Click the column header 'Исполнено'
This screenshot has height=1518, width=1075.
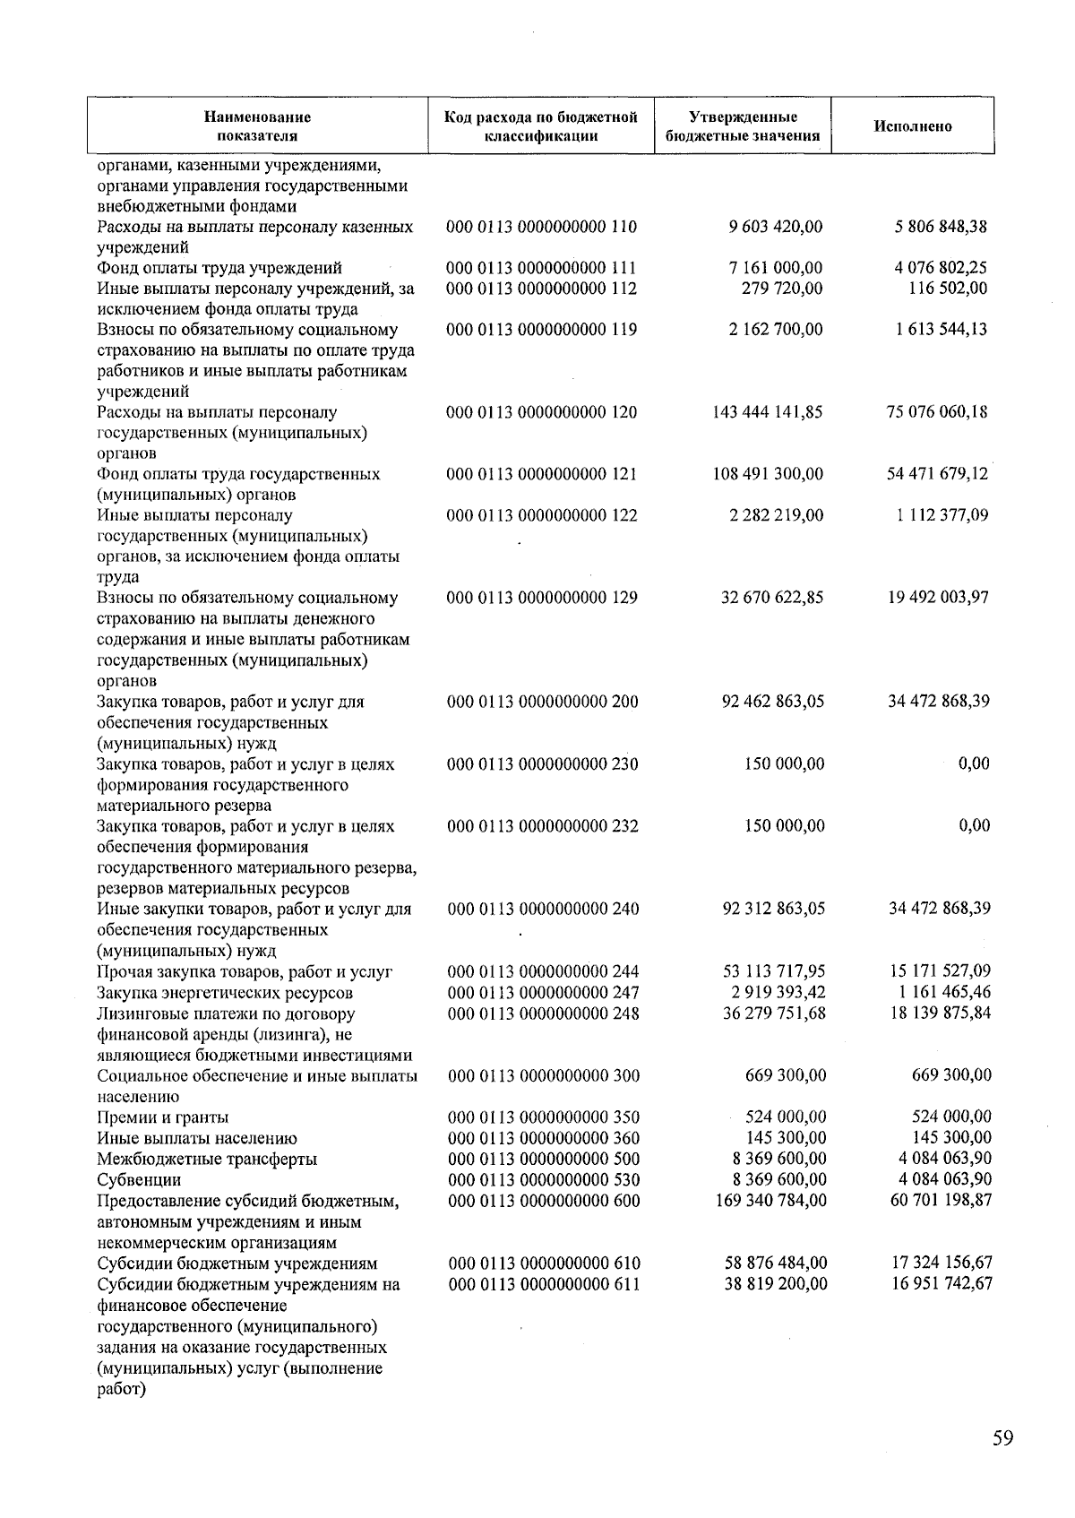point(912,126)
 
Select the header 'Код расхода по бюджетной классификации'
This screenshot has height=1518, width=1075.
point(541,126)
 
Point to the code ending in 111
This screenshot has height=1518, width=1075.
point(541,268)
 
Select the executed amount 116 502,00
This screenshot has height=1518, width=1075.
point(948,289)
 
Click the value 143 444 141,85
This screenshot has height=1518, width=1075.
point(767,412)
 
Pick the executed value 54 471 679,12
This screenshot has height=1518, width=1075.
point(937,474)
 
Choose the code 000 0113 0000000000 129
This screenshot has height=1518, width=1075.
point(542,598)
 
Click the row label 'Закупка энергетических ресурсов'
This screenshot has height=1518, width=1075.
point(224,993)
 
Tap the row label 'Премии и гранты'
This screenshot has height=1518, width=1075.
point(162,1117)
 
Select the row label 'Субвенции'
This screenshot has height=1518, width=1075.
point(139,1179)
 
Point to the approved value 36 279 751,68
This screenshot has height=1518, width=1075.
point(774,1013)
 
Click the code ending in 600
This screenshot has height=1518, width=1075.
point(544,1200)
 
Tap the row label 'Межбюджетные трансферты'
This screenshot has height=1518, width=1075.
point(206,1159)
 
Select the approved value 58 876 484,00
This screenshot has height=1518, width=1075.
point(775,1264)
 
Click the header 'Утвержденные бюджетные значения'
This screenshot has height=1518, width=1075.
point(743,126)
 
